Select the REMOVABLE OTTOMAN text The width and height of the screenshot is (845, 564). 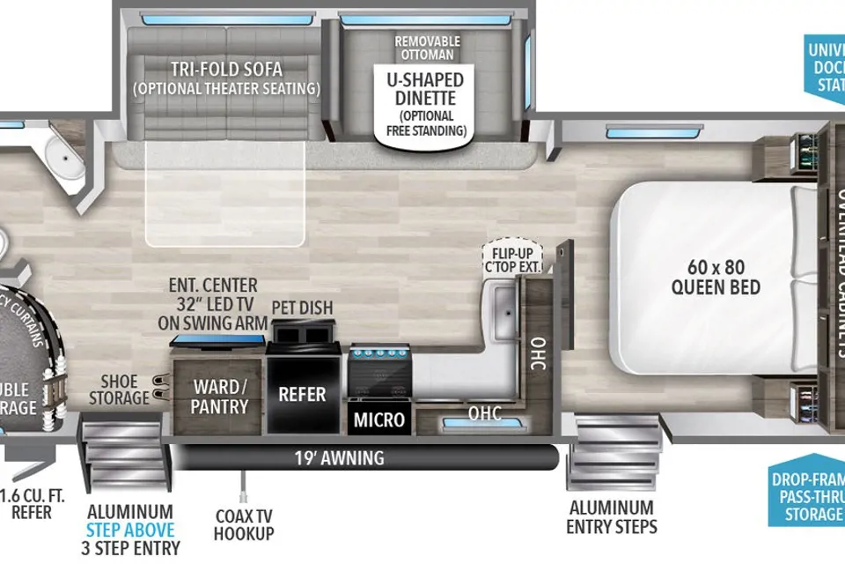[x=427, y=47]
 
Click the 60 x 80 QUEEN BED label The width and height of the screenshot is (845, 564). [x=715, y=276]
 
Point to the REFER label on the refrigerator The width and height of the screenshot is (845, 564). [x=302, y=394]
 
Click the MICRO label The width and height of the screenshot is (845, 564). [x=379, y=419]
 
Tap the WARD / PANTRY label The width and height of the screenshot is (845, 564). [x=216, y=397]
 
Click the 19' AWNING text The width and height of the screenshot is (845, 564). [x=339, y=457]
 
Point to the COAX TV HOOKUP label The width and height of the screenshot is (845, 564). [x=244, y=524]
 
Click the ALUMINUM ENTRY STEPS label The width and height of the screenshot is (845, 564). [x=611, y=517]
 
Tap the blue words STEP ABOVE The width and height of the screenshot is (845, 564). [x=129, y=530]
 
